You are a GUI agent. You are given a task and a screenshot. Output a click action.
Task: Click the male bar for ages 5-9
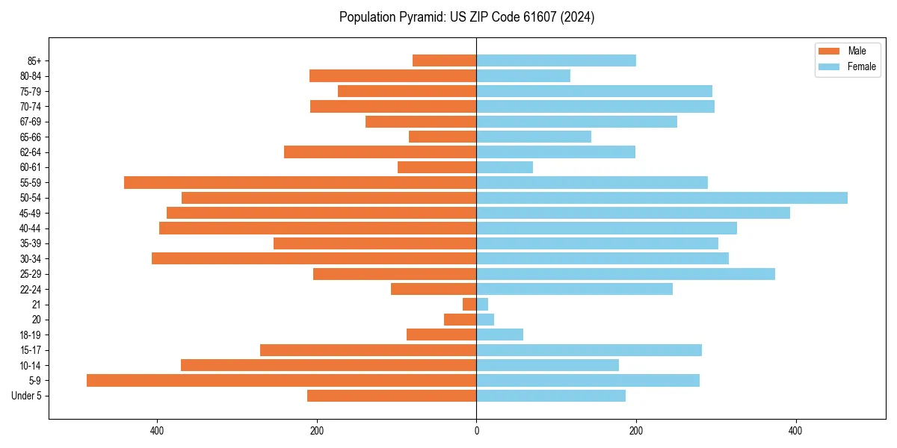pos(281,380)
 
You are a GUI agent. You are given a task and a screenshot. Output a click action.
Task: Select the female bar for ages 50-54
pos(662,198)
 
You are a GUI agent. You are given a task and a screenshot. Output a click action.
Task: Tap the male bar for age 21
pos(469,304)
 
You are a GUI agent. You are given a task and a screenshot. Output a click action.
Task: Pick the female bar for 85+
pos(556,60)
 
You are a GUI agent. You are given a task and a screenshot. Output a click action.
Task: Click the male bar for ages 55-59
pos(300,182)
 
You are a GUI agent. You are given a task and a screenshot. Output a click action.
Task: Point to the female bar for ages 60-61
pos(505,167)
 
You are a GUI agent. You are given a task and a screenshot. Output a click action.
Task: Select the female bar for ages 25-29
pos(626,274)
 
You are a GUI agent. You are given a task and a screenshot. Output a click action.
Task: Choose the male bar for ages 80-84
pos(392,75)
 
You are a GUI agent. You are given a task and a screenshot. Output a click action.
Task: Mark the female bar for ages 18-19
pos(499,335)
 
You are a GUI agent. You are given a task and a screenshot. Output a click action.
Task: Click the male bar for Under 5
pos(392,396)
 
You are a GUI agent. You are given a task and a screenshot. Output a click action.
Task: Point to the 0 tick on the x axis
pos(476,431)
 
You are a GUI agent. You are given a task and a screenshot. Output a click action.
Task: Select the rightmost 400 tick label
pos(795,431)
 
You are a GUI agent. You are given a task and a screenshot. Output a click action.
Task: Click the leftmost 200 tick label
pos(317,431)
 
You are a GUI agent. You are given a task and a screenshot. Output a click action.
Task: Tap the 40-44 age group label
pos(30,228)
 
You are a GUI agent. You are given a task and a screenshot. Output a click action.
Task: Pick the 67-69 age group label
pos(30,122)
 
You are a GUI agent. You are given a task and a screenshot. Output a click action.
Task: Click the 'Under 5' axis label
pos(26,396)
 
